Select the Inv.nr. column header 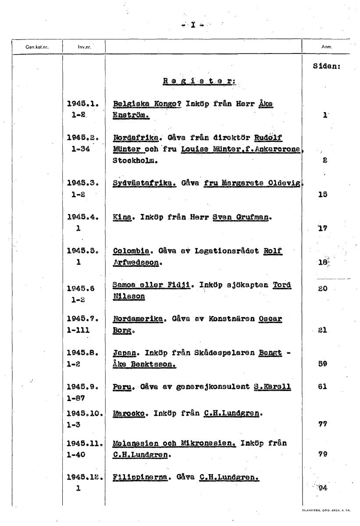point(84,46)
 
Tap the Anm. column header point(326,46)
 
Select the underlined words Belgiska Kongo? point(147,104)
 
